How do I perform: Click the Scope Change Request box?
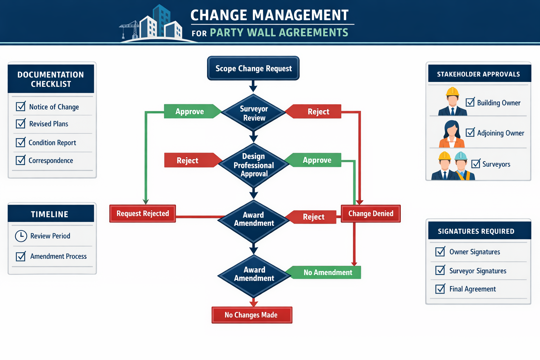253,68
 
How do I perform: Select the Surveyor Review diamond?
254,113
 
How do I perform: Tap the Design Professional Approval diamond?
254,165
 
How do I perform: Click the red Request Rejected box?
142,213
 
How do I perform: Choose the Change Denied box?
371,213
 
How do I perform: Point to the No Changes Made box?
251,315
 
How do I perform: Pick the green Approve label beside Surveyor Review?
190,111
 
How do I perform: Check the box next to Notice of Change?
21,106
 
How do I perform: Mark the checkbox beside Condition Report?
21,142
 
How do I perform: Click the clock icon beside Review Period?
21,236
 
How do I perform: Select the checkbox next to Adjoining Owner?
470,132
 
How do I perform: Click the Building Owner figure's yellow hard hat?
452,91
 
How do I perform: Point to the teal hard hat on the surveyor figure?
461,156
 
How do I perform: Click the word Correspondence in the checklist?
51,161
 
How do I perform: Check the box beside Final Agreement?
440,289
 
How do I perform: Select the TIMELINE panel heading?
50,214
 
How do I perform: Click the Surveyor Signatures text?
478,271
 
